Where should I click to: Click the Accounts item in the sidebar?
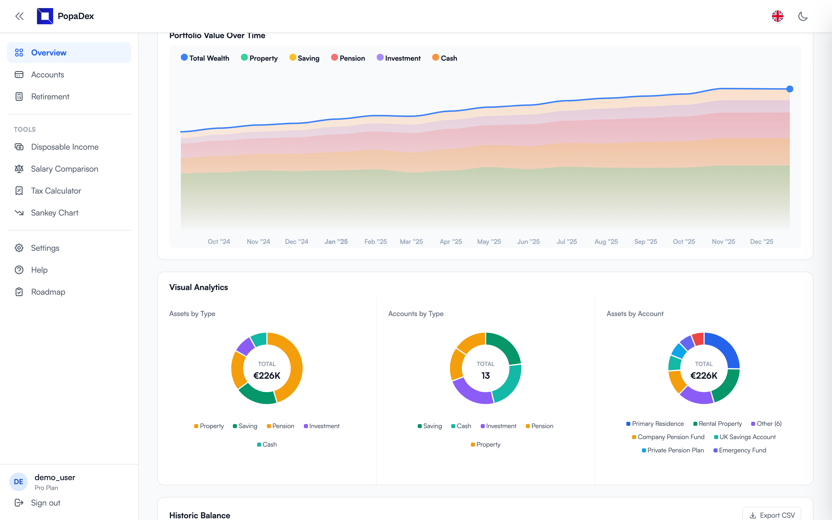pos(47,75)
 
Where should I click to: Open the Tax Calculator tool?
pos(56,191)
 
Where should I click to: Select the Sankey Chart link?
pos(54,213)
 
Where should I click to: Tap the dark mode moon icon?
pos(803,16)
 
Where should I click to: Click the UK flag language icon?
pos(777,16)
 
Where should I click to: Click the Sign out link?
pos(45,503)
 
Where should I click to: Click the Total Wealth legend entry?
pos(205,58)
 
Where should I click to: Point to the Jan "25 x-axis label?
pos(336,242)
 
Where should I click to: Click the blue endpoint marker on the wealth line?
pos(790,89)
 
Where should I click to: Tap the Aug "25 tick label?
pos(606,242)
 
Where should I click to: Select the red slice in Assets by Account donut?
pos(698,339)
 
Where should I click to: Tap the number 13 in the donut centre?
pos(485,376)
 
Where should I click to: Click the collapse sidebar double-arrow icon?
pos(19,16)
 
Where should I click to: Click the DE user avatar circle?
pos(18,482)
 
